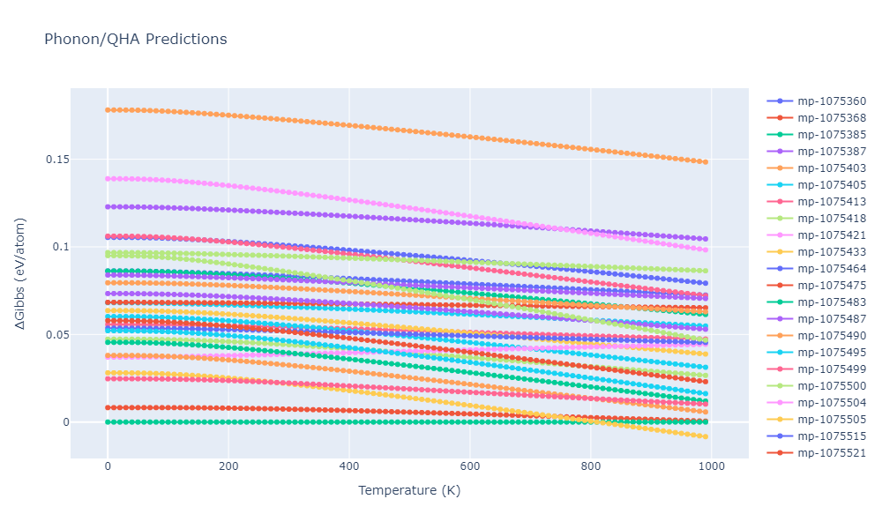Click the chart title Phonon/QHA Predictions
point(135,40)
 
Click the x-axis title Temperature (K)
point(408,490)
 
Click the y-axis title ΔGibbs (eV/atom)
point(20,273)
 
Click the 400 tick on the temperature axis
point(349,466)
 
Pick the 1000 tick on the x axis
point(712,466)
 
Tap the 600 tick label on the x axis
point(470,466)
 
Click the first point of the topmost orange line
point(108,110)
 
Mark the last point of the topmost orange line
point(706,162)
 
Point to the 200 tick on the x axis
point(228,466)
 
